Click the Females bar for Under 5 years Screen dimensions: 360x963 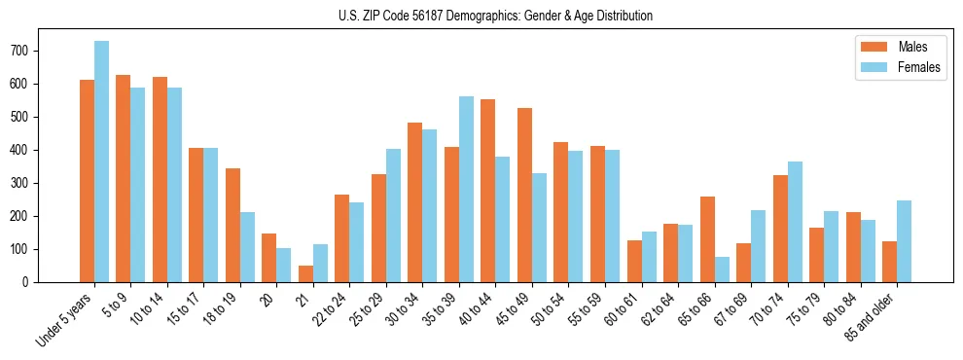[x=101, y=162]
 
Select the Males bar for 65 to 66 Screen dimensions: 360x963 [x=707, y=239]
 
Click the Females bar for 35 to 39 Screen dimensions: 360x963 [x=466, y=189]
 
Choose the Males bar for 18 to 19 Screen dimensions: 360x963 [x=232, y=225]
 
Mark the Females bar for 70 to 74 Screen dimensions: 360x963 [x=795, y=222]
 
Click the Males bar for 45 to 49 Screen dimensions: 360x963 [x=524, y=195]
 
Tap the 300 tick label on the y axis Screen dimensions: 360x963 [x=25, y=183]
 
